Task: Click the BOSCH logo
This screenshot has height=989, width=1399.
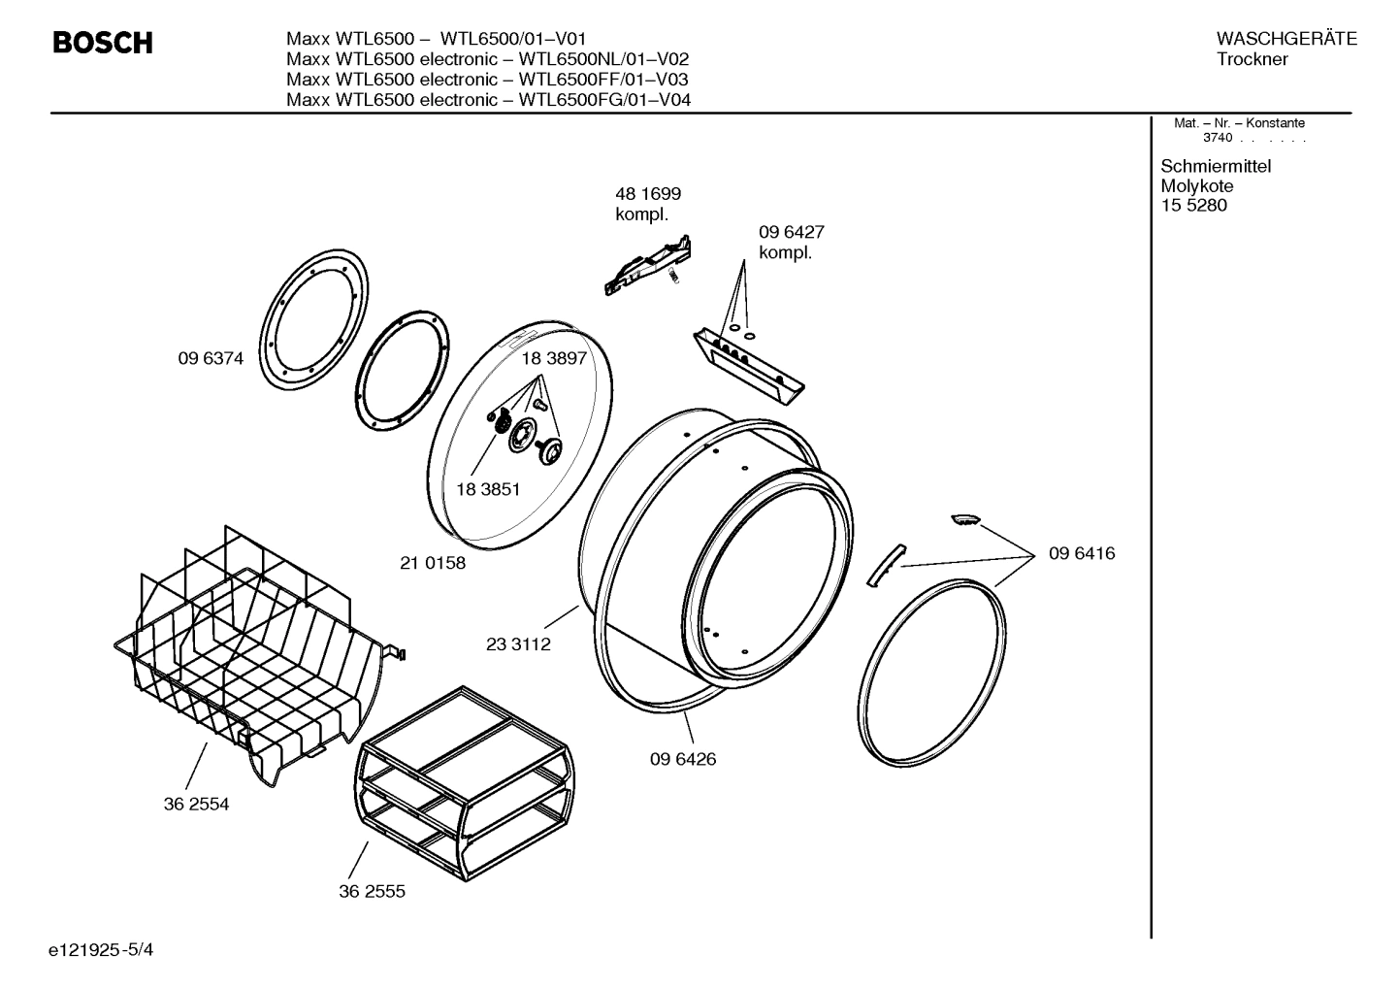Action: pyautogui.click(x=102, y=43)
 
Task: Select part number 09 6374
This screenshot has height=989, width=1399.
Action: pyautogui.click(x=211, y=358)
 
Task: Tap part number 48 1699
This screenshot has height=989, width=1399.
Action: pyautogui.click(x=647, y=194)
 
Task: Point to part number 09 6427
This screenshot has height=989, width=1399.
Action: pyautogui.click(x=791, y=233)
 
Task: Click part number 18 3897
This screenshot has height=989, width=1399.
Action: pyautogui.click(x=554, y=358)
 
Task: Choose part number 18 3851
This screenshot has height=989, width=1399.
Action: pyautogui.click(x=488, y=489)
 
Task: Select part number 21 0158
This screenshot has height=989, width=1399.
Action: pyautogui.click(x=433, y=563)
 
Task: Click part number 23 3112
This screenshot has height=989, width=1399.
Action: pyautogui.click(x=518, y=643)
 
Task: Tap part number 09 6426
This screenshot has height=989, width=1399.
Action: pyautogui.click(x=683, y=759)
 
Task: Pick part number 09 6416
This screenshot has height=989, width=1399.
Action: pyautogui.click(x=1082, y=553)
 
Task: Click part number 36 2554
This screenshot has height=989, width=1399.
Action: pyautogui.click(x=196, y=804)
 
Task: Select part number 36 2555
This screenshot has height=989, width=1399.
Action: pyautogui.click(x=372, y=891)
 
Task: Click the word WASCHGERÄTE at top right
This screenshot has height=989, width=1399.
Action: pyautogui.click(x=1285, y=39)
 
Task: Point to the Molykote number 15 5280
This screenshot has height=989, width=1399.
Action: pyautogui.click(x=1193, y=206)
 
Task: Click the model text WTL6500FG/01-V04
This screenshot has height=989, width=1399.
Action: pyautogui.click(x=604, y=100)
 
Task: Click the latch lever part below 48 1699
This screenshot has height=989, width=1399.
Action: pyautogui.click(x=649, y=264)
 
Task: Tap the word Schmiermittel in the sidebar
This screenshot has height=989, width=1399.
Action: pyautogui.click(x=1215, y=166)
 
